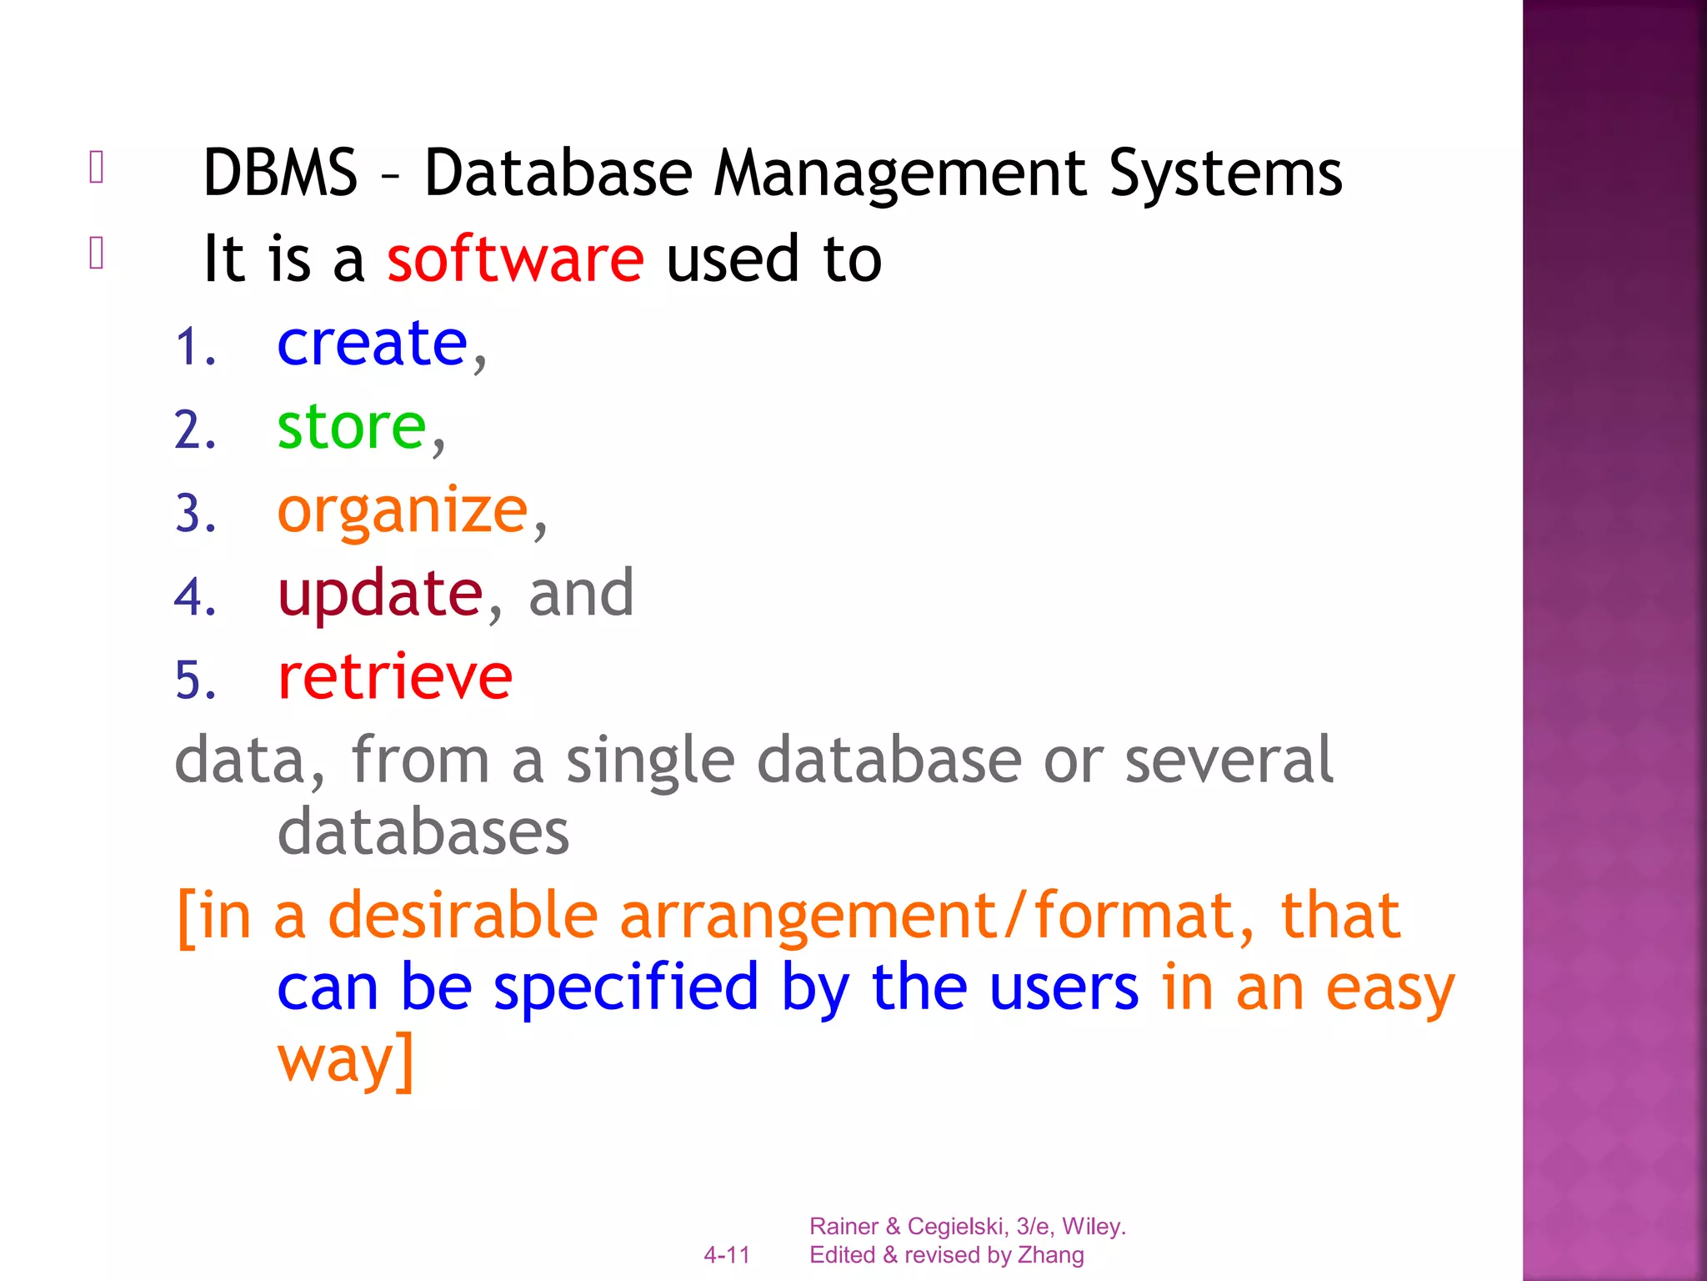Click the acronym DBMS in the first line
(x=280, y=173)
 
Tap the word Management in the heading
(x=900, y=173)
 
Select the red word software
(x=515, y=259)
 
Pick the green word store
(x=352, y=427)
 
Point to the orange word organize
(x=403, y=510)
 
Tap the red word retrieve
(x=395, y=676)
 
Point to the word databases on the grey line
(x=423, y=831)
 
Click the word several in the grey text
(x=1229, y=760)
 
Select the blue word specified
(x=626, y=987)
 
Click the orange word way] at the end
(x=345, y=1059)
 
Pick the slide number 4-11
(x=727, y=1254)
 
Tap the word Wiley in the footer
(x=1092, y=1226)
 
